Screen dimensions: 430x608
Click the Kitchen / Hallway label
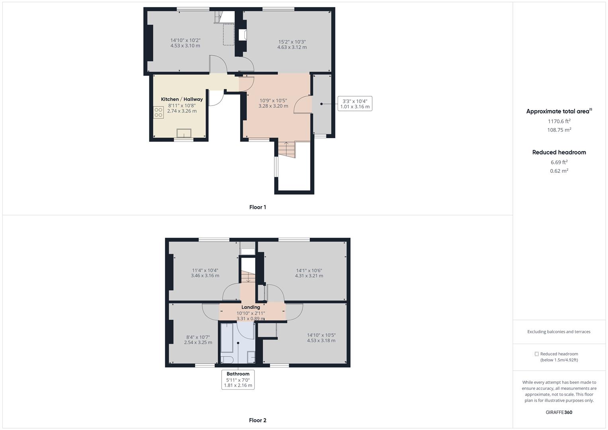[182, 99]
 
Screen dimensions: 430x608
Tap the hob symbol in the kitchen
[158, 112]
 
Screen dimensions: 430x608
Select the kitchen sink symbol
[184, 133]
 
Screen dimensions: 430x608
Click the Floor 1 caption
[258, 207]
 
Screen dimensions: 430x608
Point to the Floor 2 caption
[258, 420]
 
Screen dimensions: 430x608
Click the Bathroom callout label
[238, 374]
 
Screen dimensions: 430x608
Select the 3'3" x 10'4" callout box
[355, 104]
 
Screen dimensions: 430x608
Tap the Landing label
[251, 307]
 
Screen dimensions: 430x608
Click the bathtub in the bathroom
[227, 338]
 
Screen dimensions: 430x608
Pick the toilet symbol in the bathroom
[227, 360]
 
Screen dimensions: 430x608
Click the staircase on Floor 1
[286, 149]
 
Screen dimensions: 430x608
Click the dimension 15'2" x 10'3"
[292, 42]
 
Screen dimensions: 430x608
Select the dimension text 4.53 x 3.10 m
[185, 46]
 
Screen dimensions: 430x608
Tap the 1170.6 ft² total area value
[559, 121]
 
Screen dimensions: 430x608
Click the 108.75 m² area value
[559, 130]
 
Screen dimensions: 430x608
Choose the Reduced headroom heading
[559, 152]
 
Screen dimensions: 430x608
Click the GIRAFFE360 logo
[559, 412]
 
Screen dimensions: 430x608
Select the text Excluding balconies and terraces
[559, 332]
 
